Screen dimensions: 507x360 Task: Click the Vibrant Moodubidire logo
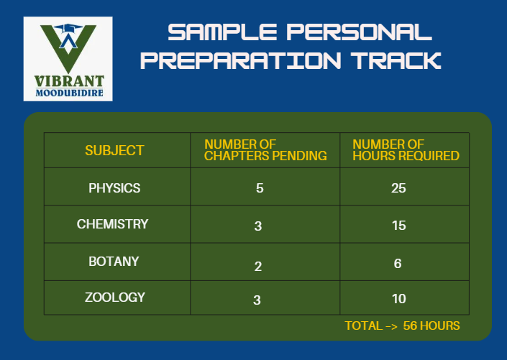68,59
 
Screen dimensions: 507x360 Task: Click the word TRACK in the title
396,60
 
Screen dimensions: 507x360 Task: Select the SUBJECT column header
114,150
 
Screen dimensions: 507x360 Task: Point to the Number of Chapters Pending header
265,150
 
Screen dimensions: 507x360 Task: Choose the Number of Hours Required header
406,150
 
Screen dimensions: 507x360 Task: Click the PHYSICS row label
114,188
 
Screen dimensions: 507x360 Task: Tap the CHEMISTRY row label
112,224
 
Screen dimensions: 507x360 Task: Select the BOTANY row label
114,262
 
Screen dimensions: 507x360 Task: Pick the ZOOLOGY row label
115,297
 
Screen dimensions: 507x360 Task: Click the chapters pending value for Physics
260,188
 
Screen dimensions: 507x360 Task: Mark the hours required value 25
398,188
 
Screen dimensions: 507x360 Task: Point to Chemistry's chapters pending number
258,226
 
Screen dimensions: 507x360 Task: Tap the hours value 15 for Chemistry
399,226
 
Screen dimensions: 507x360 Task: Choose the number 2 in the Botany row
258,267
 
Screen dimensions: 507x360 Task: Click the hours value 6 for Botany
398,264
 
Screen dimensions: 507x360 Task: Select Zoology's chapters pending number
257,300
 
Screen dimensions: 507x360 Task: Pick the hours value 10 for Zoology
399,299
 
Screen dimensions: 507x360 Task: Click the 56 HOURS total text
431,326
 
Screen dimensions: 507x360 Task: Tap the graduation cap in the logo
68,29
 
